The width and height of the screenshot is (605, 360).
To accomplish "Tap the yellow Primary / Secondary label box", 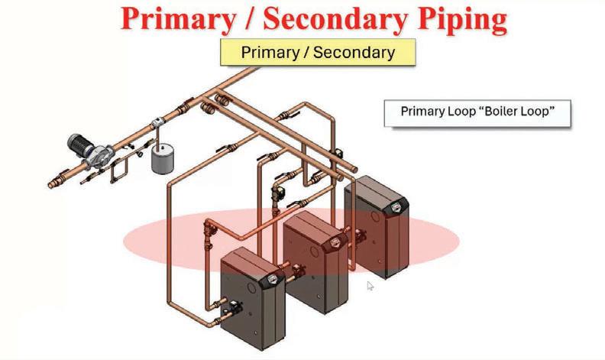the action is (x=317, y=53).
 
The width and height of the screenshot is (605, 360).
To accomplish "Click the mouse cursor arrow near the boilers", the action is (x=370, y=286).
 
